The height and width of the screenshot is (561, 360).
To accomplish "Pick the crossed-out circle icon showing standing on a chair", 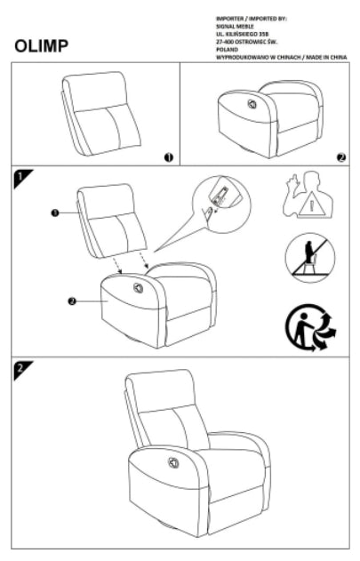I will click(305, 260).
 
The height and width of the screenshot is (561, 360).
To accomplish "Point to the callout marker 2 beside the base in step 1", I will click(71, 301).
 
